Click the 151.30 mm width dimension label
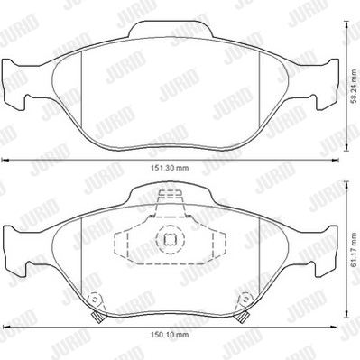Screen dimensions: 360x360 pos(170,168)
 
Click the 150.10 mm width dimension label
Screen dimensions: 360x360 pos(170,335)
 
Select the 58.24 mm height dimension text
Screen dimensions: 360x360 pos(355,87)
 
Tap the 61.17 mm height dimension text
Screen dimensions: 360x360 pos(355,250)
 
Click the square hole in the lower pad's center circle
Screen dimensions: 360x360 pos(169,239)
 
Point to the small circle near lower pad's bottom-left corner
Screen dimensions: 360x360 pos(95,300)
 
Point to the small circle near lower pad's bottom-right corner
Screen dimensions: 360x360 pos(245,300)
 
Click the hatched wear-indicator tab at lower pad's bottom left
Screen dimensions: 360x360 pos(97,317)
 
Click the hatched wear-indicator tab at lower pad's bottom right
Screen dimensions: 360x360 pos(243,317)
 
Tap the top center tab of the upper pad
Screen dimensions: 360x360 pos(171,30)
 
